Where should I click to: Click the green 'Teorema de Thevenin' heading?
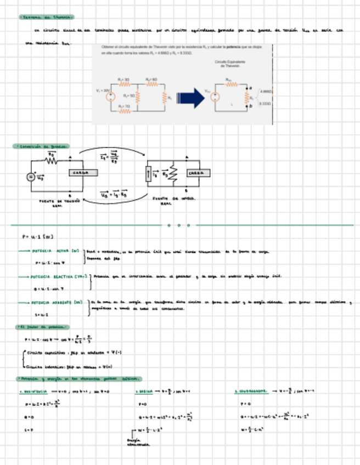pyautogui.click(x=46, y=18)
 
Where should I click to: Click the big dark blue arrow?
pyautogui.click(x=192, y=98)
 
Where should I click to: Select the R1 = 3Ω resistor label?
pyautogui.click(x=123, y=80)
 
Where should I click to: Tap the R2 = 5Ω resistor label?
pyautogui.click(x=129, y=95)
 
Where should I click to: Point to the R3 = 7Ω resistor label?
pyautogui.click(x=123, y=106)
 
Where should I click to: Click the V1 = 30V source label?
pyautogui.click(x=103, y=89)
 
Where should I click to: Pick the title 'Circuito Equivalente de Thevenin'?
pyautogui.click(x=229, y=64)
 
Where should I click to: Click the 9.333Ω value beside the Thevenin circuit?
pyautogui.click(x=265, y=103)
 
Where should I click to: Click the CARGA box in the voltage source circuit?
pyautogui.click(x=82, y=172)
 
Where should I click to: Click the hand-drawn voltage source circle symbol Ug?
pyautogui.click(x=31, y=177)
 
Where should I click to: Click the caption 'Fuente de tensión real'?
pyautogui.click(x=57, y=203)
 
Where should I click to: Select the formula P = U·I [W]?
pyautogui.click(x=37, y=237)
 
